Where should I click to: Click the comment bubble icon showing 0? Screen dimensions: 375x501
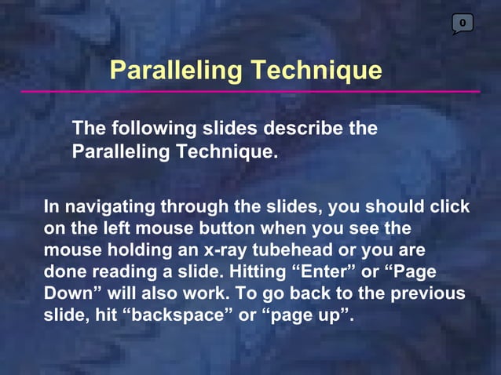point(463,24)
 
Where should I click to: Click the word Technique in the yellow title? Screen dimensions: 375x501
point(316,70)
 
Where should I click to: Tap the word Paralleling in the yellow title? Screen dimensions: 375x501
point(177,70)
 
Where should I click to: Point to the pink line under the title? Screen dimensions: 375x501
point(250,92)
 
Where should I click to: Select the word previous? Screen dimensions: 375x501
point(429,295)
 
